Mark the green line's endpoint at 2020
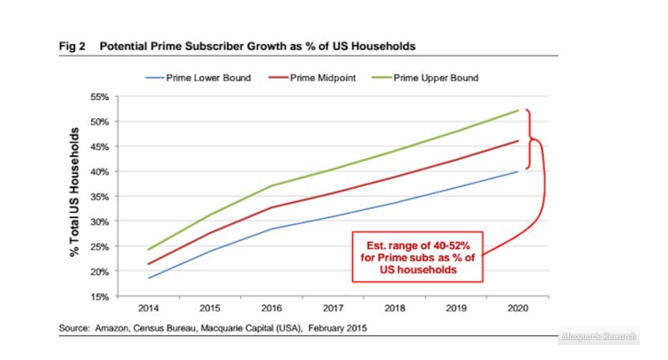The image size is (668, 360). (517, 110)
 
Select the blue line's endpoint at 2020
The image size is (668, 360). (517, 171)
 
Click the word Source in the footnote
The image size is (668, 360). (76, 328)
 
